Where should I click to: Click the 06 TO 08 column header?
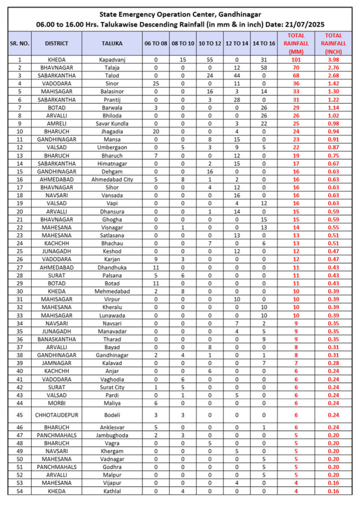coord(156,44)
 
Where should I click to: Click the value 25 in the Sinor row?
coord(156,83)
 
